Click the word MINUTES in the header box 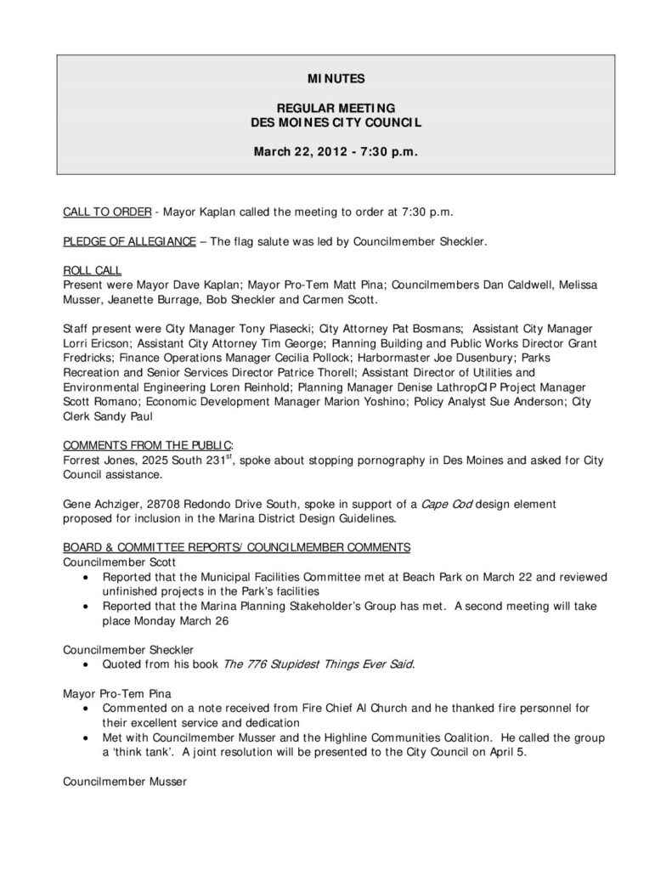click(x=336, y=79)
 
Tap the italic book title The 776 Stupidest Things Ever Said click(x=319, y=663)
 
